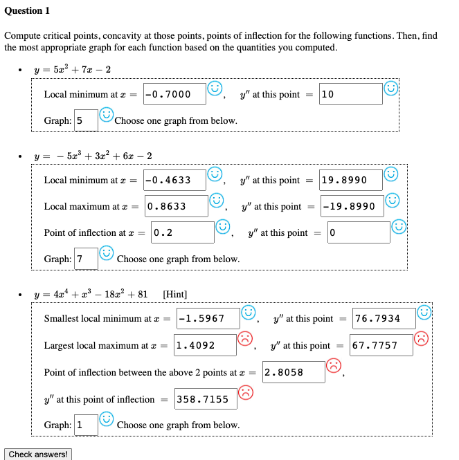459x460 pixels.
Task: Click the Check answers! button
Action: click(38, 454)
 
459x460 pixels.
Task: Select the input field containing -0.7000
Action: click(174, 94)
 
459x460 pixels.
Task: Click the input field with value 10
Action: click(350, 94)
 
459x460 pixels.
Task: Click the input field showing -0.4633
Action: click(174, 180)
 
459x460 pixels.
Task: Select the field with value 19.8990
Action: click(350, 180)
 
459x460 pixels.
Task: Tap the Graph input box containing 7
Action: click(86, 259)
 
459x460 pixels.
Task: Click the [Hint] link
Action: click(174, 294)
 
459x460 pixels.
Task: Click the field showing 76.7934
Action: click(384, 319)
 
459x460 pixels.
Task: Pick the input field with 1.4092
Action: click(204, 345)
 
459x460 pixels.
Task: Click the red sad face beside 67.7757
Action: click(422, 339)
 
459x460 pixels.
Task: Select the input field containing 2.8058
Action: click(293, 372)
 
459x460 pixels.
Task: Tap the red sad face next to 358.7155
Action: click(246, 393)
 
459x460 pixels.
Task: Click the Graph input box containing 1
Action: click(86, 425)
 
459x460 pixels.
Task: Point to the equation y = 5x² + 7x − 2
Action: click(73, 70)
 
